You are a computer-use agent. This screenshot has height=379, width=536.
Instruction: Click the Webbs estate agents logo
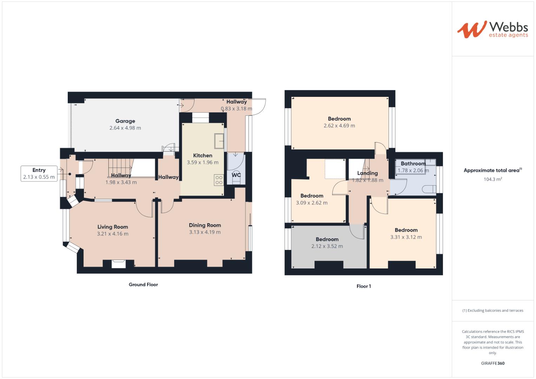point(492,29)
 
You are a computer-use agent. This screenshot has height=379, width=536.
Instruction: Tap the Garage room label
point(125,121)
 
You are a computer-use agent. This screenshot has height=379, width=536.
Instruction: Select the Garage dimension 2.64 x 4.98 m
point(125,128)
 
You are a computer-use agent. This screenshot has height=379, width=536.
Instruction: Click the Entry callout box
point(39,174)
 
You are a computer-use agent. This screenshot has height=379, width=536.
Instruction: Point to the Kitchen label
point(203,155)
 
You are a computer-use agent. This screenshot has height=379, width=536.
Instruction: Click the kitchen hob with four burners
point(219,180)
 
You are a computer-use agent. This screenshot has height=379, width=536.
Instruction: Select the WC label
point(236,175)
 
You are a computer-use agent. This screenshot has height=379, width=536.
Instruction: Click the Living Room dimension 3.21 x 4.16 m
point(113,234)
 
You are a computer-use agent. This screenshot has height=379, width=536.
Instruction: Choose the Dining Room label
point(205,225)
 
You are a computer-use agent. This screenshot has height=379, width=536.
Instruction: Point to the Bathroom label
point(413,164)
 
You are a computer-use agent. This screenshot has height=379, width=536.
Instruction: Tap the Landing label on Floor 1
point(368,173)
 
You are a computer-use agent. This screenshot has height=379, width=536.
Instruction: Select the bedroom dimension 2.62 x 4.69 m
point(339,126)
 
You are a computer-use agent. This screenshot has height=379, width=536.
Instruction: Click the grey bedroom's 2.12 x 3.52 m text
point(327,246)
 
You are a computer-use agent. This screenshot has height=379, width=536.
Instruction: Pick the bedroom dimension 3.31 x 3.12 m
point(406,237)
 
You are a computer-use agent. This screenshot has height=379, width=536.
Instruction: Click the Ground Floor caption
point(143,285)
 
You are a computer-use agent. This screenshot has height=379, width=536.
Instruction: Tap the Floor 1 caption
point(364,286)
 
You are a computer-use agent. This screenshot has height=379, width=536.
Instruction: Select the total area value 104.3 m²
point(492,179)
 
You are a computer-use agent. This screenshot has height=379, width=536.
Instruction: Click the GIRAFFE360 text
point(492,363)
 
